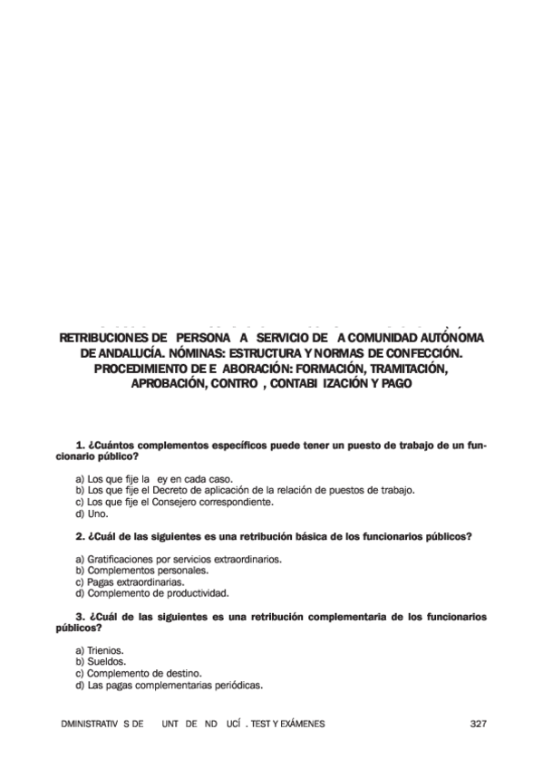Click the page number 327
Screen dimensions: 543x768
[480, 724]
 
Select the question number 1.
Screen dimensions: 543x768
[81, 446]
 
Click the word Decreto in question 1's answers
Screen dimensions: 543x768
[172, 490]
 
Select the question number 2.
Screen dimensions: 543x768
[81, 536]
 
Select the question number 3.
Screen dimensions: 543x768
[81, 617]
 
